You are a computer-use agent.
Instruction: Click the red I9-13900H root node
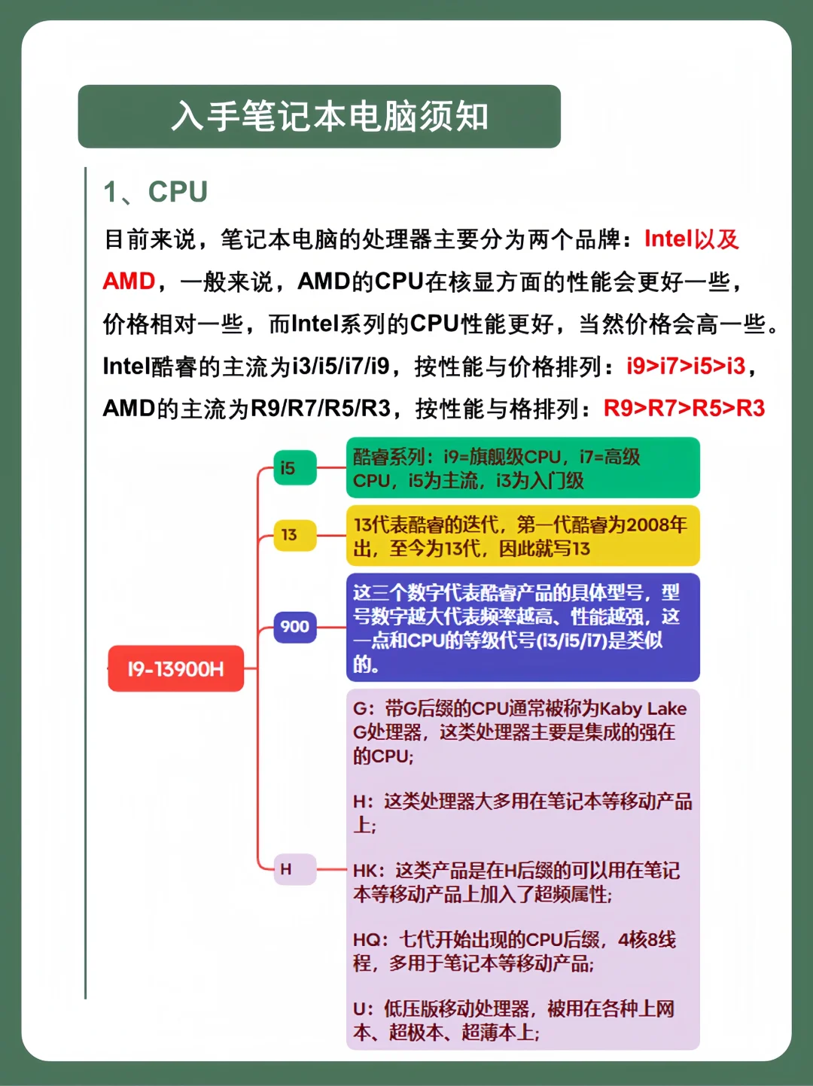coord(175,668)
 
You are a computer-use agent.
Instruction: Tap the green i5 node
coord(295,467)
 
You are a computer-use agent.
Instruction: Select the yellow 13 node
coord(295,535)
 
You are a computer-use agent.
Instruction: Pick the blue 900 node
coord(295,627)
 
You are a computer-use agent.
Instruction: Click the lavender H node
coord(295,868)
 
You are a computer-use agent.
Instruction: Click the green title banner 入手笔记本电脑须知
coord(319,116)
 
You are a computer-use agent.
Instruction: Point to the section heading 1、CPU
coord(155,192)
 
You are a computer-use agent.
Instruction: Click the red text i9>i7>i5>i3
coord(686,367)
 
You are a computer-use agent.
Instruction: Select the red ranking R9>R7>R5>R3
coord(684,409)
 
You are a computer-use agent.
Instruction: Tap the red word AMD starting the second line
coord(129,281)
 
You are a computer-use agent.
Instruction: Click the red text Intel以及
coord(692,239)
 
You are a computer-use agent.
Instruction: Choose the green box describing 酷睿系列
coord(523,467)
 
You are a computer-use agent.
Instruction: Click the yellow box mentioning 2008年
coord(523,535)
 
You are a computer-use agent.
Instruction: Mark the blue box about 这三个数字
coord(523,628)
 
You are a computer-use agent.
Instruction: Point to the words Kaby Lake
coord(644,709)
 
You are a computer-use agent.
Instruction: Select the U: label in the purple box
coord(363,1009)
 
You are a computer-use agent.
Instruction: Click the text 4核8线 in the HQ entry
coord(647,939)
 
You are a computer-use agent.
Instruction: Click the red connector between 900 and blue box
coord(331,628)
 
